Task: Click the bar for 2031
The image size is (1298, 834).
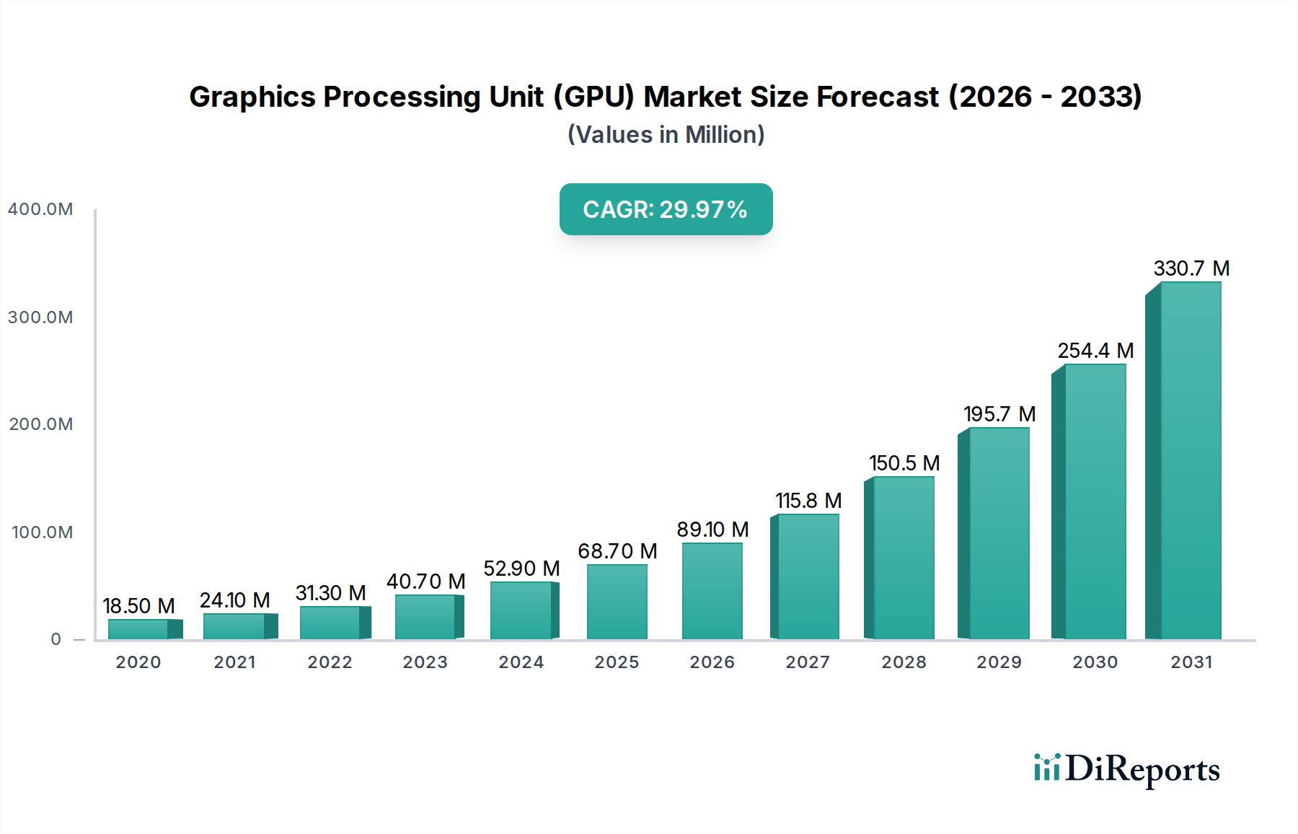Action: click(x=1190, y=462)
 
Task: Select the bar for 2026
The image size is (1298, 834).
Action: click(x=712, y=592)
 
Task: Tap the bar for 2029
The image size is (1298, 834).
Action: click(x=999, y=534)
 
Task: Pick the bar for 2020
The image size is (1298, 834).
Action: click(x=138, y=629)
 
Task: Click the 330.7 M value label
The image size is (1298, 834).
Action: click(x=1191, y=268)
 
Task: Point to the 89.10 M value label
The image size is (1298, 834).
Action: click(x=712, y=530)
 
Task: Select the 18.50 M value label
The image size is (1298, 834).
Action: click(x=138, y=606)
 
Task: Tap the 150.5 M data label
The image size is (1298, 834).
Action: click(x=904, y=463)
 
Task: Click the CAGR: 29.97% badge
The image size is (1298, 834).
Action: click(x=666, y=209)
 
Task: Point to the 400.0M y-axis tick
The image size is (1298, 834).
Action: click(x=40, y=209)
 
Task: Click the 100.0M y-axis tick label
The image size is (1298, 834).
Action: click(x=42, y=532)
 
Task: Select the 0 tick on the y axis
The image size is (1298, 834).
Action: click(x=56, y=639)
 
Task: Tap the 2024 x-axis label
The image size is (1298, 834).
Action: click(x=521, y=662)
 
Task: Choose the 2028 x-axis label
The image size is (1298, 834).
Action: click(x=904, y=662)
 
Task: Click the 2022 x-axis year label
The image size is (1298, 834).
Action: click(x=330, y=662)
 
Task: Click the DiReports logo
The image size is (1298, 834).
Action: click(x=1126, y=769)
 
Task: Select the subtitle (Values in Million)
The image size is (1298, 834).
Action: click(x=666, y=135)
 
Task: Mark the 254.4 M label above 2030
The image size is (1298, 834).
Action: click(x=1095, y=351)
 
